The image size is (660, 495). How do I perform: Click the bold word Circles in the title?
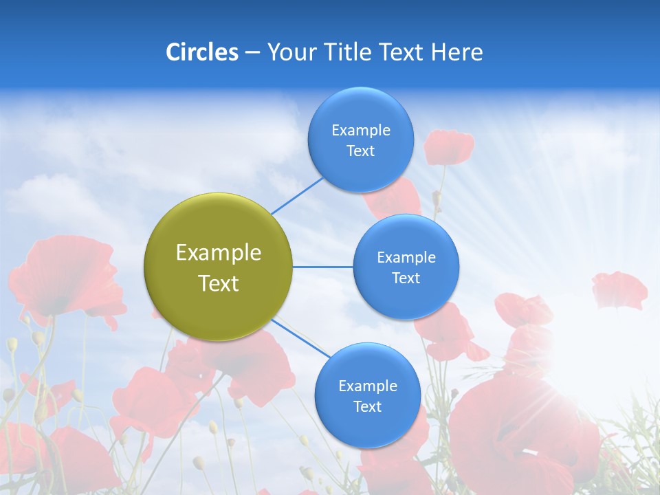(201, 52)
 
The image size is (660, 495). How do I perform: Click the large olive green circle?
(219, 267)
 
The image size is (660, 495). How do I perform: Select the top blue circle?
(360, 140)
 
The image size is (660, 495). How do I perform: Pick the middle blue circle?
(406, 267)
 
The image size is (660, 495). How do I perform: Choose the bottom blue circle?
(367, 396)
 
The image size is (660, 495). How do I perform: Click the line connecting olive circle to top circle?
(297, 195)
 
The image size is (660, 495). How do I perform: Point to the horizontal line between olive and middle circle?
(323, 267)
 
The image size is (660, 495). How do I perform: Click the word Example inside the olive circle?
(219, 252)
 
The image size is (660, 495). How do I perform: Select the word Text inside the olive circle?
(219, 283)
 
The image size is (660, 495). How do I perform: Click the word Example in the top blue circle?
(360, 130)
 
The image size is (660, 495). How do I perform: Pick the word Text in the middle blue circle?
(406, 278)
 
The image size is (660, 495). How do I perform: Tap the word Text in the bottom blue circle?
(367, 406)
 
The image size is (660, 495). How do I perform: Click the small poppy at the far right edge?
(619, 289)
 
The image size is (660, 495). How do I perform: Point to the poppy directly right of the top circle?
(448, 146)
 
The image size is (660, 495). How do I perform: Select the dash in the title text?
(252, 53)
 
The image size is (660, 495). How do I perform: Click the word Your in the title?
(291, 52)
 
